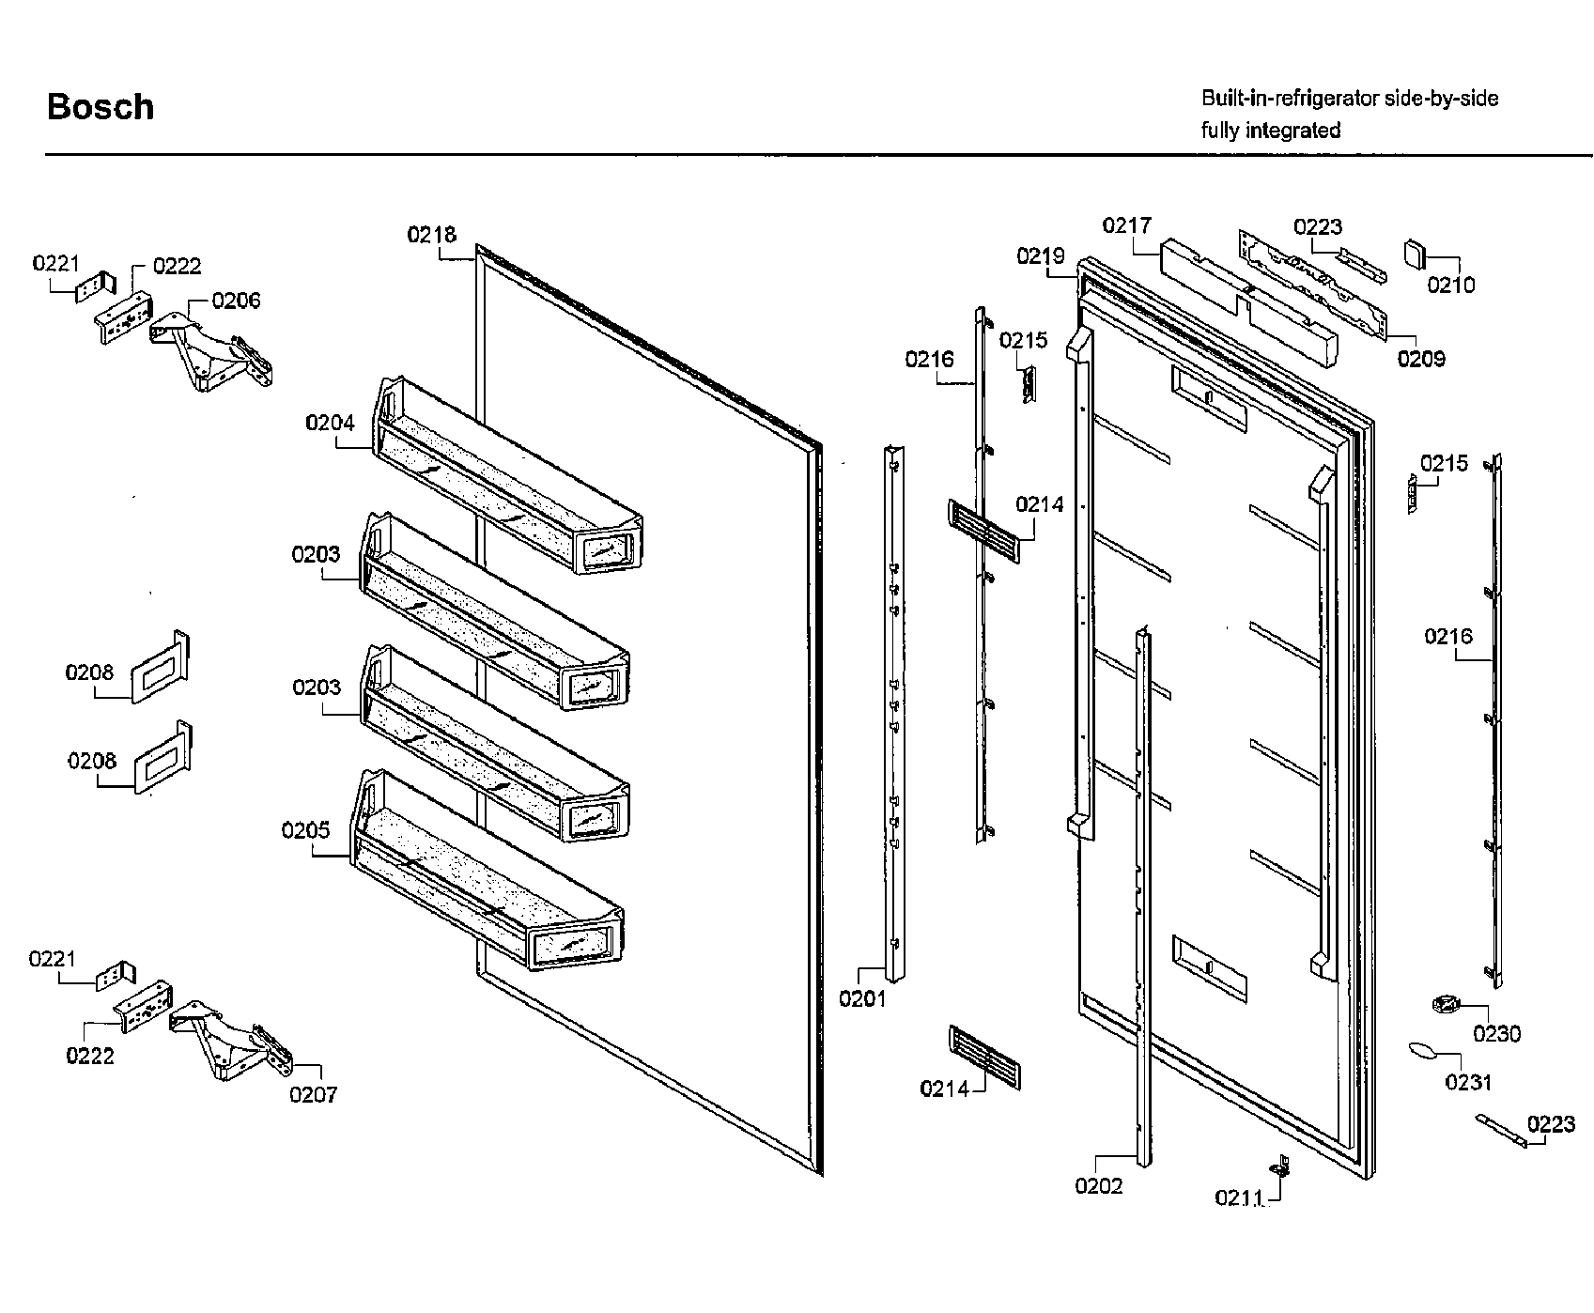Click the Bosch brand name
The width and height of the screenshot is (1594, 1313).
101,107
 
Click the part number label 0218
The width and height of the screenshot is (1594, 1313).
431,235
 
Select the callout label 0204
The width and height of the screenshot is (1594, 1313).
330,423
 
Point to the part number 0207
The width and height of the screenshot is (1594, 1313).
313,1094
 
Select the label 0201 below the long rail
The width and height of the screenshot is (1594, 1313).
862,999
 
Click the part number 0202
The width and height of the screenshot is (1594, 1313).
1098,1186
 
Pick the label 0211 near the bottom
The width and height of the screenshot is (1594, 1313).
1238,1197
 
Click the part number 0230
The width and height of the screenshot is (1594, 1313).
1496,1034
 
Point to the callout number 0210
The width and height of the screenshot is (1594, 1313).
1451,285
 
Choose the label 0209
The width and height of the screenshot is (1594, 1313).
1421,359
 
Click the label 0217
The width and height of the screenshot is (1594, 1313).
1126,225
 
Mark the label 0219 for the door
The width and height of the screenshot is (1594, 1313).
1040,255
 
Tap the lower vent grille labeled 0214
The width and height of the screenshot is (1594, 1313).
984,1058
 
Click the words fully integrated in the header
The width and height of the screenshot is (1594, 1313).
1270,131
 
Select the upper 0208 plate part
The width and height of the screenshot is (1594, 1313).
160,668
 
